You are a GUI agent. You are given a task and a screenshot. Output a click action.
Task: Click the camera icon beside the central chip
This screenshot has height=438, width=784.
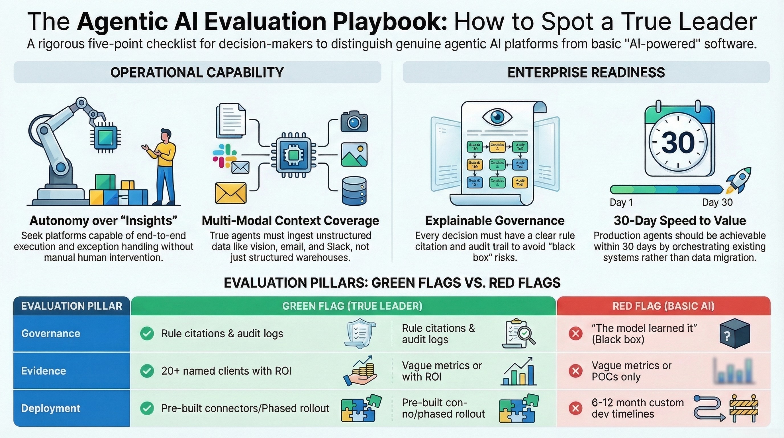click(354, 121)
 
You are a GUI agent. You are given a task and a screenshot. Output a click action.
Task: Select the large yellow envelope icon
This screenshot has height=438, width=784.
click(230, 193)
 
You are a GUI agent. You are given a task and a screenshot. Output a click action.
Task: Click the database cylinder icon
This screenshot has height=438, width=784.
click(354, 191)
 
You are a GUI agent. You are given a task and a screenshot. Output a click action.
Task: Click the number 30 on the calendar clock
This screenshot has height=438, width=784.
click(678, 143)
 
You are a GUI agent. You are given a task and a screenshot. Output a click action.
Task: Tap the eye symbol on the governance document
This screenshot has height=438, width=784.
click(497, 117)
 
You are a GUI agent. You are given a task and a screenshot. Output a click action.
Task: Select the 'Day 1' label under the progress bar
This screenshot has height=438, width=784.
click(621, 202)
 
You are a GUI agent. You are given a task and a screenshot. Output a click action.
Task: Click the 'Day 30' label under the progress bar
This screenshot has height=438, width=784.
click(717, 202)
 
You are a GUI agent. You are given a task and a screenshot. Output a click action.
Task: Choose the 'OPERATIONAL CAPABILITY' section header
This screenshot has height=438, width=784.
click(197, 72)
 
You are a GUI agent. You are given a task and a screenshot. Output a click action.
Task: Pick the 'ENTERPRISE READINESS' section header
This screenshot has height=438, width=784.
click(586, 72)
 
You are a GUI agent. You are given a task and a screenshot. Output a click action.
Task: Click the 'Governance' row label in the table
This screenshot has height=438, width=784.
click(50, 334)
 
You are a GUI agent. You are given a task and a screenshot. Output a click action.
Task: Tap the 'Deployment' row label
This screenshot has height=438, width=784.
click(50, 408)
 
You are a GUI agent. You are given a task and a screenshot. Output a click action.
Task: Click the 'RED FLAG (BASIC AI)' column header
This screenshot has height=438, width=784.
click(663, 306)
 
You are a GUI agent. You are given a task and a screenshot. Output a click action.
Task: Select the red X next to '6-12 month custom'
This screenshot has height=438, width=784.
click(575, 408)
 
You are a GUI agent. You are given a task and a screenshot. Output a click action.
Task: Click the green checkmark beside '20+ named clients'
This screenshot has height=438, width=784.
click(147, 371)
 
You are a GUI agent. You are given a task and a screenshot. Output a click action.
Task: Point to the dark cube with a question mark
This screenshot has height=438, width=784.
click(734, 334)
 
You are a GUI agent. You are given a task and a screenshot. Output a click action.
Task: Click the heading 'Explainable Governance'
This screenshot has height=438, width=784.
click(495, 220)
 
